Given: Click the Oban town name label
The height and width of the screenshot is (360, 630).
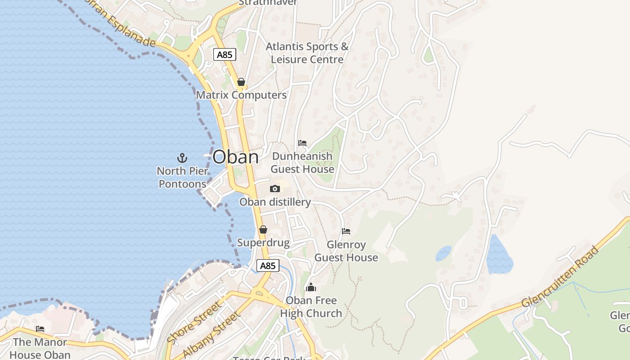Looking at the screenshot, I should click(x=235, y=157).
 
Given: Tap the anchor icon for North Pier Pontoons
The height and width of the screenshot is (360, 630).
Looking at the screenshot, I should click(x=182, y=157).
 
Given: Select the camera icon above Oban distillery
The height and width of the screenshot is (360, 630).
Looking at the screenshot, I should click(x=274, y=189).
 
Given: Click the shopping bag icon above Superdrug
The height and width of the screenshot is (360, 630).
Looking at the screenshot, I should click(x=263, y=229).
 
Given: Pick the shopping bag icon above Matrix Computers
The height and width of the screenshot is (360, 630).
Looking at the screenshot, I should click(x=241, y=82).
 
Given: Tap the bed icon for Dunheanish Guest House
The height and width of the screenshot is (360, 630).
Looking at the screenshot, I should click(x=302, y=143).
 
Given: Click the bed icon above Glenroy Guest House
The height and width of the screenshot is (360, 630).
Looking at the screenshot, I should click(x=346, y=231).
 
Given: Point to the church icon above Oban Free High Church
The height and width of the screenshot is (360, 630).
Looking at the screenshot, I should click(x=311, y=287).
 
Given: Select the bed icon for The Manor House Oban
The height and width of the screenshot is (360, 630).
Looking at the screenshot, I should click(x=40, y=329).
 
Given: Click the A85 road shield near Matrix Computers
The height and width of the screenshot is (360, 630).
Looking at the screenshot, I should click(x=224, y=55).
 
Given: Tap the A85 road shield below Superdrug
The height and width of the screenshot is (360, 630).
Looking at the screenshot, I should click(x=268, y=265).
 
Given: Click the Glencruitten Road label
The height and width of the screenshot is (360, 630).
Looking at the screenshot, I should click(x=561, y=277).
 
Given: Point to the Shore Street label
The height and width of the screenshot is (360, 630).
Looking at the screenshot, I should click(x=194, y=322).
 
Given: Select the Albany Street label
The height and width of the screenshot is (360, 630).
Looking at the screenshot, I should click(x=211, y=335).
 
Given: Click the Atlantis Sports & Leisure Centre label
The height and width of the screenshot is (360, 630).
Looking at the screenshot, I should click(x=307, y=53).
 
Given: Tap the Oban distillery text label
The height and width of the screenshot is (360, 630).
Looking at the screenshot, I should click(x=275, y=202).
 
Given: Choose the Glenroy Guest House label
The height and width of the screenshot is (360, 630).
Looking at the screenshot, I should click(x=346, y=251).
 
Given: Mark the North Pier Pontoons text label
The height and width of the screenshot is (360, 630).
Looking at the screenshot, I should click(x=182, y=177).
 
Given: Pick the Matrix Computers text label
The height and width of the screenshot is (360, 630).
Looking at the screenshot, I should click(x=241, y=95).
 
